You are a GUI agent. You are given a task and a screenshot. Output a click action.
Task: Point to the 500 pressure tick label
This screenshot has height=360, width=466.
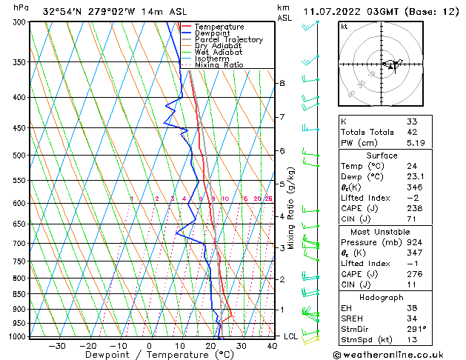tap(20, 156)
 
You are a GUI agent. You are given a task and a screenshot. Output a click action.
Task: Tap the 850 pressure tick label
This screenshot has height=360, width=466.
tap(20, 294)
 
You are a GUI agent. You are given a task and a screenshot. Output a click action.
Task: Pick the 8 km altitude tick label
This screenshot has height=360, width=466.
tap(282, 84)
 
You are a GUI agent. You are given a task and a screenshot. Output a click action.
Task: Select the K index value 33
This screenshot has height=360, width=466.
tap(412, 121)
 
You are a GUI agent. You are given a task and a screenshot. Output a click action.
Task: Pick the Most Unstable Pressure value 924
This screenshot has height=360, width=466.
tap(414, 242)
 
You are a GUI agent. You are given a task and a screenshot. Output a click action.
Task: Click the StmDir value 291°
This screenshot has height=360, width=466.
tap(416, 330)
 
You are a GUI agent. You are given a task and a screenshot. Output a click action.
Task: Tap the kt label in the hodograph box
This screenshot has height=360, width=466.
tap(344, 27)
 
